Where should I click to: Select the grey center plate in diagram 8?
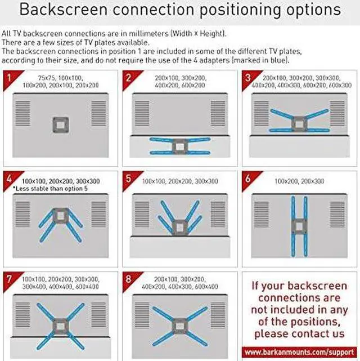[179, 325]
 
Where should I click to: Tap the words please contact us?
[299, 334]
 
